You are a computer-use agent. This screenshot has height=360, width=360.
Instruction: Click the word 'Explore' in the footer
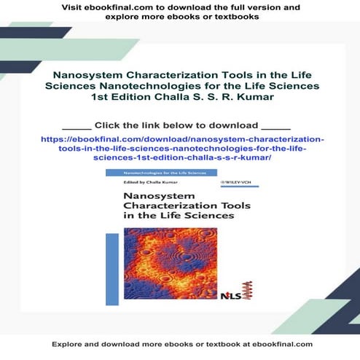pyautogui.click(x=69, y=344)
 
